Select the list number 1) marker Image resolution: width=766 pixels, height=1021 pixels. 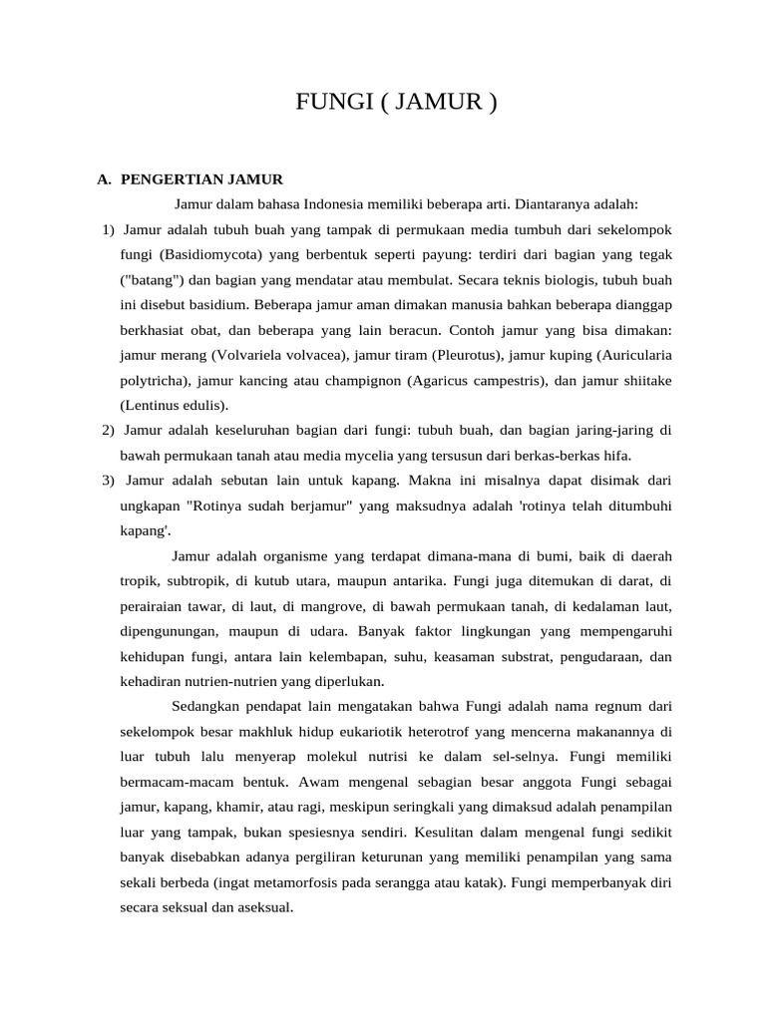(109, 231)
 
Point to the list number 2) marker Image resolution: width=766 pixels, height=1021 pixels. (109, 431)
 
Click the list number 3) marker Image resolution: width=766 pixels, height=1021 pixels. (109, 481)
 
